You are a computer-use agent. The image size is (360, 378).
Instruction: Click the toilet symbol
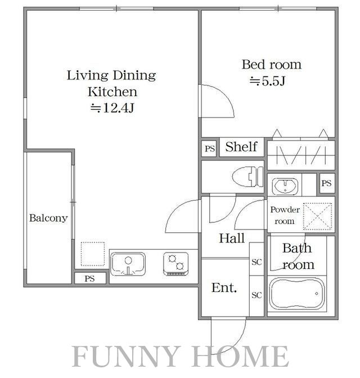(247, 177)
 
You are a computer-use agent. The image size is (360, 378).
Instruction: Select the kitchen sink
(128, 264)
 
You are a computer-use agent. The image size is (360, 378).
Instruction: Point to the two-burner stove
(175, 264)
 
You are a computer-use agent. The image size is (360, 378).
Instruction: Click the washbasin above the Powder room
(285, 186)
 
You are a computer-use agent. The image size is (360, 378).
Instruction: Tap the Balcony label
(48, 218)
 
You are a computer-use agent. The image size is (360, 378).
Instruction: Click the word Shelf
(241, 147)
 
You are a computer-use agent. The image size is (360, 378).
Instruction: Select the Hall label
(232, 238)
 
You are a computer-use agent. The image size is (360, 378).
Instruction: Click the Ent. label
(224, 287)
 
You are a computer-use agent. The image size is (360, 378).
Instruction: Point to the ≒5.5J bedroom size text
(268, 81)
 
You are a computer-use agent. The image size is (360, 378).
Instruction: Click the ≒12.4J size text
(112, 108)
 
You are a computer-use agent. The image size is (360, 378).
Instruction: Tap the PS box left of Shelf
(210, 148)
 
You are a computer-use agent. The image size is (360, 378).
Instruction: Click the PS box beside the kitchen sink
(90, 278)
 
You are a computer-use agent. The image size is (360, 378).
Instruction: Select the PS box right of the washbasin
(327, 183)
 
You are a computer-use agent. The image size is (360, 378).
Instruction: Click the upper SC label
(256, 262)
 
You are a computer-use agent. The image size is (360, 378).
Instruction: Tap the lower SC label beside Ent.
(256, 295)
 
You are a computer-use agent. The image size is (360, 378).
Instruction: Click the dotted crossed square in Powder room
(318, 217)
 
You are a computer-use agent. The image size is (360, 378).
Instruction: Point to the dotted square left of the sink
(93, 254)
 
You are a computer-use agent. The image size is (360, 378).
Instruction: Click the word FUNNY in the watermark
(127, 356)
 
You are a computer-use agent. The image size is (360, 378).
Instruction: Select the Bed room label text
(272, 65)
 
